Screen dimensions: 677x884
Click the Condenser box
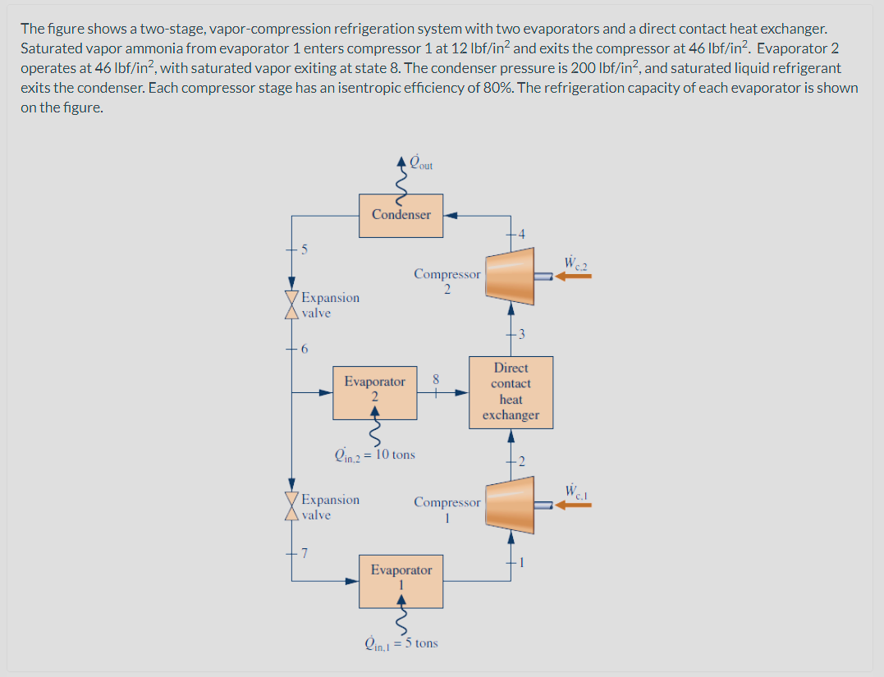tap(401, 215)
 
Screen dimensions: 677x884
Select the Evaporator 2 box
tap(374, 390)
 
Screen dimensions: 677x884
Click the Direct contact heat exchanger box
tap(511, 391)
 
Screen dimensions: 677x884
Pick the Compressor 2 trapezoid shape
tap(510, 273)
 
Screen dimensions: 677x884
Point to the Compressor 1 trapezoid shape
tap(510, 502)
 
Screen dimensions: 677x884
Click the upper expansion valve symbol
tap(290, 305)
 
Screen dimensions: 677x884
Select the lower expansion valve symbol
tap(290, 507)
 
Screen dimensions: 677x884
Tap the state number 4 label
tap(519, 235)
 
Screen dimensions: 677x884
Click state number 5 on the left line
tap(304, 249)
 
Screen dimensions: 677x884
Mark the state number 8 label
tap(437, 380)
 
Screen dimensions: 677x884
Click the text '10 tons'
tap(395, 454)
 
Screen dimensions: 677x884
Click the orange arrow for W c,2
tap(574, 277)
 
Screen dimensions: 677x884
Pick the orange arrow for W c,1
tap(574, 505)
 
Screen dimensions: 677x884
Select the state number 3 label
tap(520, 332)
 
